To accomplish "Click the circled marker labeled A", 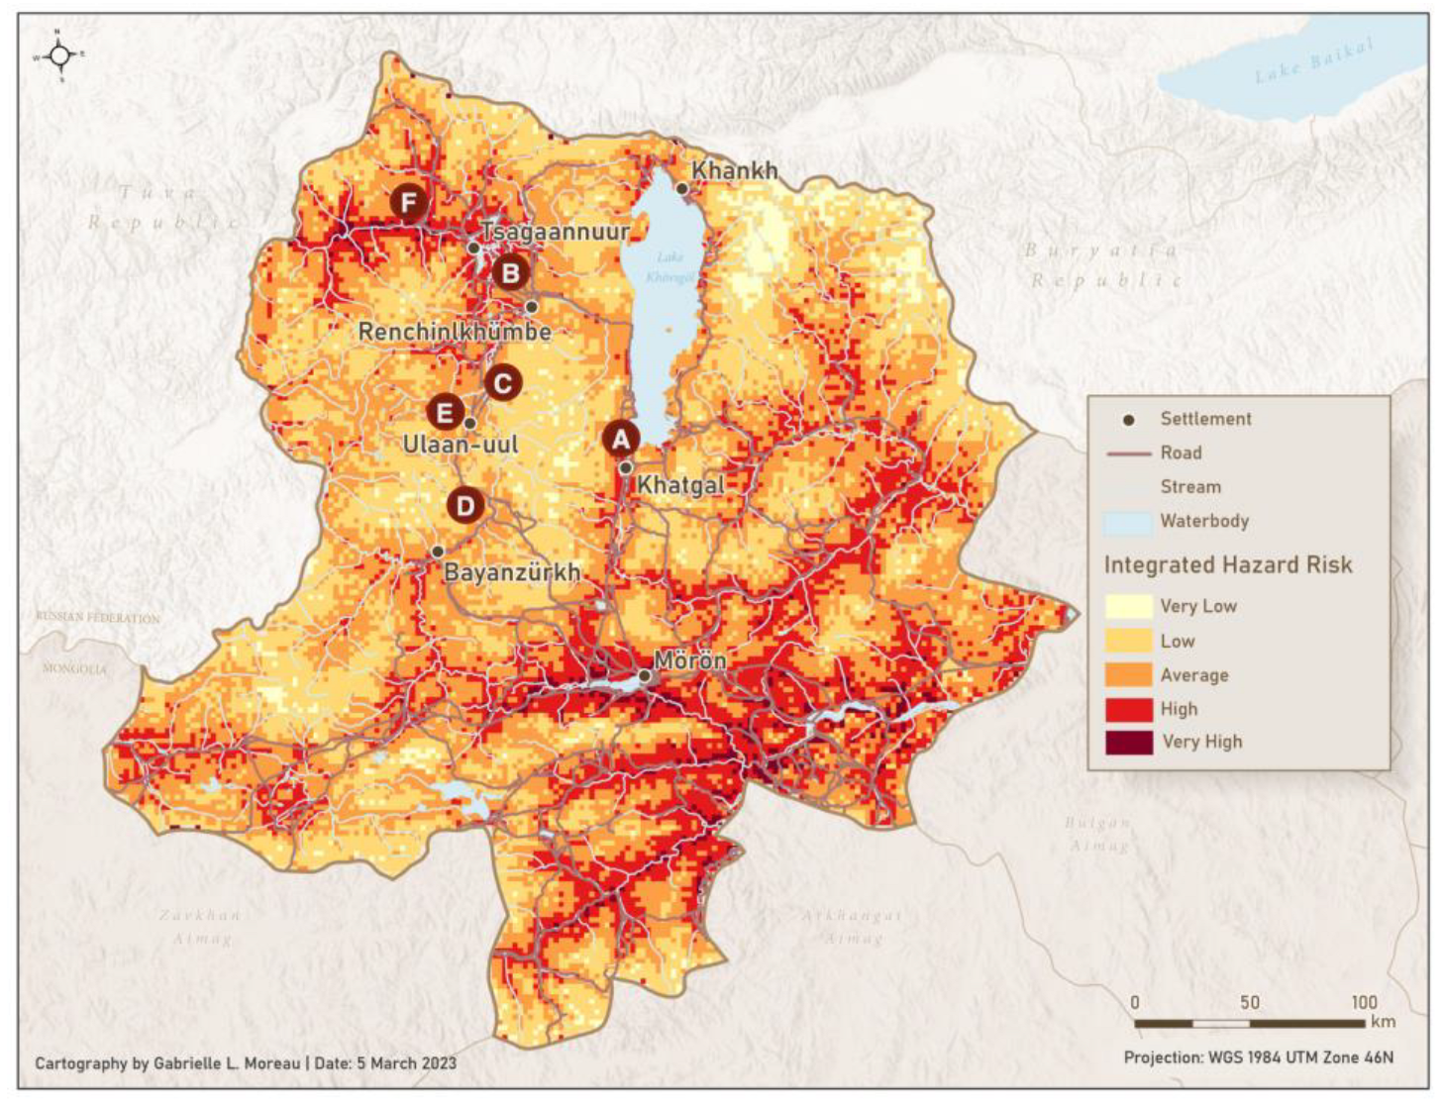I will [x=621, y=439].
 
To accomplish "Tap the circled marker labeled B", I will [x=511, y=272].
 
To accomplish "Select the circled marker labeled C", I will [x=502, y=383].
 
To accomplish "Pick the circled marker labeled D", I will [x=465, y=506].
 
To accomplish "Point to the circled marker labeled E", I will [x=445, y=413].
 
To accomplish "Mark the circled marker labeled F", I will [x=408, y=203].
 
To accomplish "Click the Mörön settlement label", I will [x=690, y=659].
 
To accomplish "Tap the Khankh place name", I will [x=734, y=170].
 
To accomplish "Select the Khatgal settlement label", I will [x=680, y=485].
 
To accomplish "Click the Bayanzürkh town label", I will [x=511, y=572].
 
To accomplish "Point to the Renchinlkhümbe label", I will [x=455, y=332].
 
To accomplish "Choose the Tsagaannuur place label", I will [x=555, y=232].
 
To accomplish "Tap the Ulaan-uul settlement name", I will [x=461, y=445].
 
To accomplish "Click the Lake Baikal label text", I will [x=1314, y=61].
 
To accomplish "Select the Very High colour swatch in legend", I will [x=1128, y=742].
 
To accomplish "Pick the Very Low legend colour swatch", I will [x=1128, y=606].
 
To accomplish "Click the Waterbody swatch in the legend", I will [x=1128, y=522].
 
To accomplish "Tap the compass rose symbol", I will [x=59, y=55].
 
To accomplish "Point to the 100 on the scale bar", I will [x=1364, y=1002].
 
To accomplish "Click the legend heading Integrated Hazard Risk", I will [x=1227, y=564].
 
